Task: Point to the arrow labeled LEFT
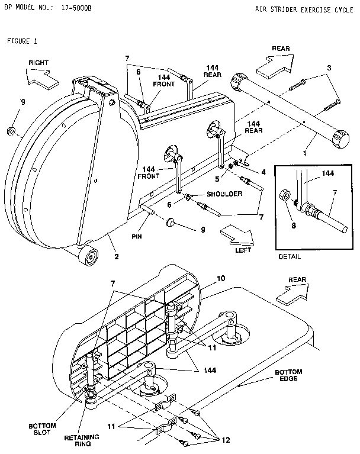[237, 236]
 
